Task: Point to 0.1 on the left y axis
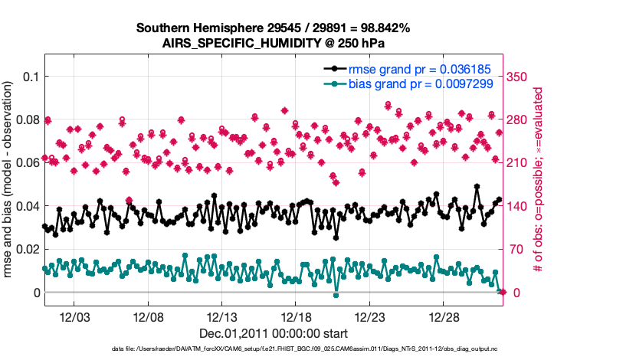point(31,77)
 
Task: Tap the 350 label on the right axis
point(520,77)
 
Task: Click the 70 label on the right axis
point(517,250)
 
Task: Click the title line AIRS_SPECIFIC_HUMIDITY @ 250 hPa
point(273,43)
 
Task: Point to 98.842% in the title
point(380,28)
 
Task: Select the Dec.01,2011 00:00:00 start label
point(274,333)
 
